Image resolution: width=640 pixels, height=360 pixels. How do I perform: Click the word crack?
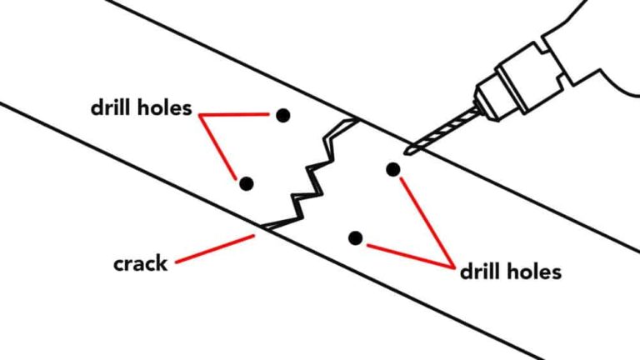click(x=140, y=265)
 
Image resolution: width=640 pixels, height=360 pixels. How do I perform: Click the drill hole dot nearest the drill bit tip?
click(x=393, y=170)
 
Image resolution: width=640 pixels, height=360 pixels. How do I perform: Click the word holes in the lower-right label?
click(x=533, y=271)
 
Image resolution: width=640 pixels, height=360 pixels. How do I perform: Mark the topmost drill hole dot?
click(x=283, y=115)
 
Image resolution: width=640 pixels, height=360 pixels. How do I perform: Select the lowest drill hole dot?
click(x=356, y=238)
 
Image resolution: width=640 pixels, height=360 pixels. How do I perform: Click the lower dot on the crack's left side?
click(x=246, y=182)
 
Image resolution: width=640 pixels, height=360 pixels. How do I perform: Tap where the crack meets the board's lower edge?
click(x=265, y=227)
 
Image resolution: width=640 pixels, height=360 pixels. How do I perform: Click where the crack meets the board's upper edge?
click(x=357, y=119)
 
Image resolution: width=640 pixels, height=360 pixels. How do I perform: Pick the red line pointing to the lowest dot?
click(x=408, y=254)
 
